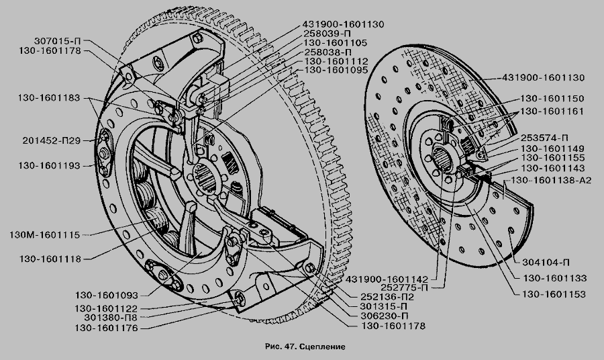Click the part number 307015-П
[x=58, y=41]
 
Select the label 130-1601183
[x=48, y=98]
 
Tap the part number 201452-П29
[x=52, y=140]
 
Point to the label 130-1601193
[x=49, y=166]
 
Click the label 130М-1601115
[x=45, y=234]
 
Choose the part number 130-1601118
[x=50, y=259]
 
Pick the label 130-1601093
[x=107, y=296]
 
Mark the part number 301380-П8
[x=111, y=318]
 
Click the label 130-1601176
[x=106, y=328]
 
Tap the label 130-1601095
[x=336, y=71]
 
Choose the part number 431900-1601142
[x=387, y=279]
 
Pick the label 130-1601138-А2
[x=551, y=181]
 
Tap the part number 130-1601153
[x=554, y=294]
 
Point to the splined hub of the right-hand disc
[x=442, y=159]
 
